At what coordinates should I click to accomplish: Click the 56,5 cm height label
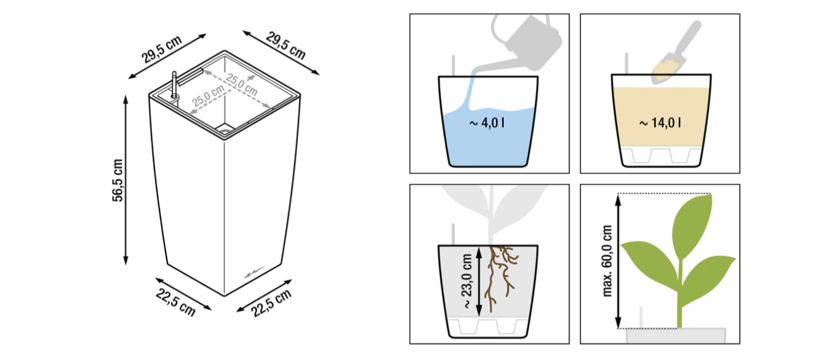point(117,180)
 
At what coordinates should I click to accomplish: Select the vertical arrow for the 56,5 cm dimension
point(126,180)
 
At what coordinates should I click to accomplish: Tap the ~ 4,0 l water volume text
point(487,122)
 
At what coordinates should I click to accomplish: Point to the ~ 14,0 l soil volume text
point(660,122)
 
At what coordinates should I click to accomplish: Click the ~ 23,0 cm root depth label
point(468,281)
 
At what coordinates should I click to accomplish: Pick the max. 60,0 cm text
point(607,261)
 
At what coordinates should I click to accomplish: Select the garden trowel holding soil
point(674,52)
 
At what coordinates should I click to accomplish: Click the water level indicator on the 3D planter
point(174,85)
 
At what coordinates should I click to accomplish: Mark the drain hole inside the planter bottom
point(225,131)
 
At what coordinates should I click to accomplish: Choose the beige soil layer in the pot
point(661,117)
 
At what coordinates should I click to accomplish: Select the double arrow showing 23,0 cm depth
point(478,281)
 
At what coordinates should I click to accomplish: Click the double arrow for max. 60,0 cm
point(618,261)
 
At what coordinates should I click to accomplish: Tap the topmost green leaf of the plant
point(692,225)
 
